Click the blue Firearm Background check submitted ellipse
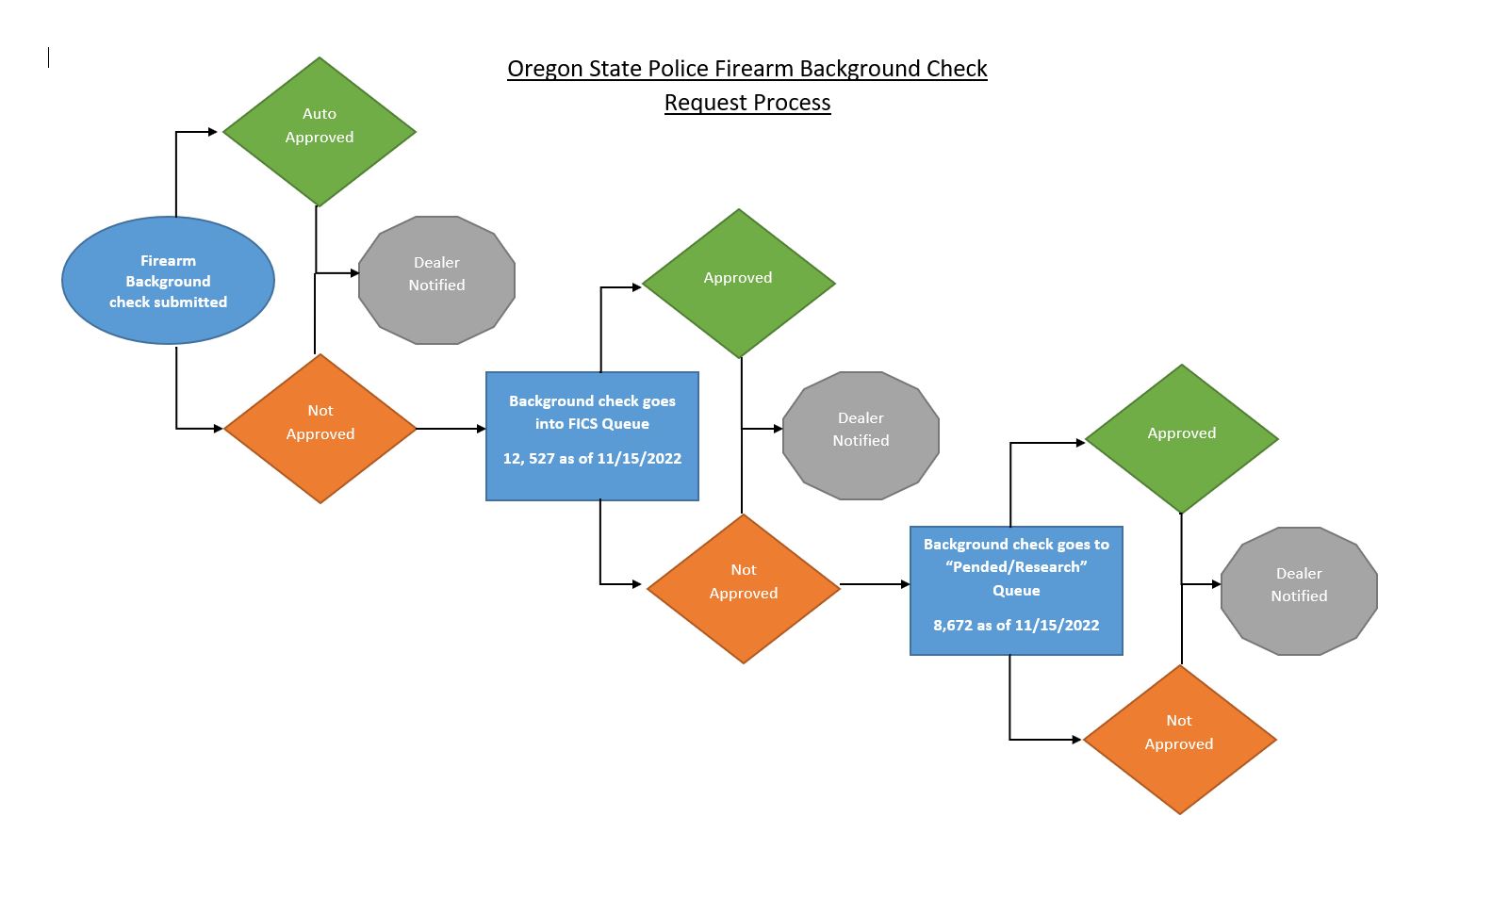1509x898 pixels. pos(168,281)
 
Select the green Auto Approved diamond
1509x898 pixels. pos(319,131)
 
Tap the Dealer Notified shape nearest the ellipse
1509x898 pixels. pos(436,280)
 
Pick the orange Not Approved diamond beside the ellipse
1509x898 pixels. pos(320,429)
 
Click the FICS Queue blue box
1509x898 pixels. pos(592,435)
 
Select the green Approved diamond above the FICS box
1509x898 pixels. pos(738,283)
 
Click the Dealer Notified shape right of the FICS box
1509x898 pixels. pos(861,435)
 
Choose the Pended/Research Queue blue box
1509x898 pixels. pos(1016,590)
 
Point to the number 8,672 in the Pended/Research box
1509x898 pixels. pos(953,626)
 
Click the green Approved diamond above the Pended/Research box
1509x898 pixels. pos(1181,439)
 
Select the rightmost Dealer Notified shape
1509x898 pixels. pos(1299,591)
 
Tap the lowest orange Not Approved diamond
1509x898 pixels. pos(1179,739)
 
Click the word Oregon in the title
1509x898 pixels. pos(541,69)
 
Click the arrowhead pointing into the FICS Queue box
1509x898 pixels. pos(481,429)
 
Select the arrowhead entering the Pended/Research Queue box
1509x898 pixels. pos(905,584)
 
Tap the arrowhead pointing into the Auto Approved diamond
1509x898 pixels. pos(213,132)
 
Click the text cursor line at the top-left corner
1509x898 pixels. pos(49,58)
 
